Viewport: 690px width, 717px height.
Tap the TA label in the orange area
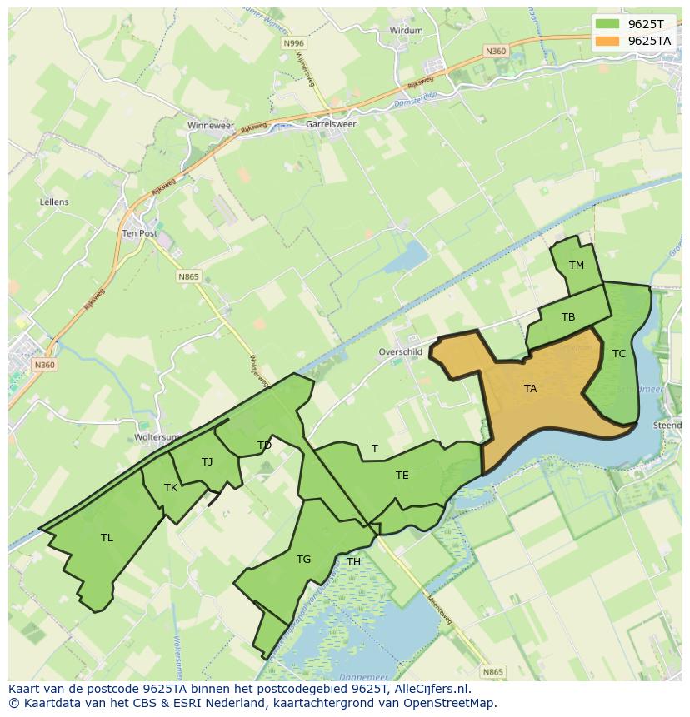(530, 389)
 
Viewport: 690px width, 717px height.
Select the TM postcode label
(576, 266)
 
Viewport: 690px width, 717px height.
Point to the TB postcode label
(568, 317)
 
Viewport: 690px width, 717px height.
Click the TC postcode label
(618, 354)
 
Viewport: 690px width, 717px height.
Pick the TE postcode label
(402, 476)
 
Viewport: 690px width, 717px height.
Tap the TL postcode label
(107, 538)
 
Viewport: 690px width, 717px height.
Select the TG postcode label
(303, 560)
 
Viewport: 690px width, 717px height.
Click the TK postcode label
(171, 489)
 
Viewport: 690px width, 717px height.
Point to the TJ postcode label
(207, 462)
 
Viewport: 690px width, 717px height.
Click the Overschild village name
(401, 352)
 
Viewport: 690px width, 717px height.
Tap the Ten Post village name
(139, 234)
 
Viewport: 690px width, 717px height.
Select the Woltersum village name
(157, 437)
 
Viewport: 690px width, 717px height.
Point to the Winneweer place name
(211, 126)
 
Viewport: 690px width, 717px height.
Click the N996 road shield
(293, 43)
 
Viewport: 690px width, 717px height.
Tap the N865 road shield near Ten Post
(188, 276)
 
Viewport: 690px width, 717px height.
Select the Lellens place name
(54, 202)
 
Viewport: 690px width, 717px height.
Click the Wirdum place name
(406, 31)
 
